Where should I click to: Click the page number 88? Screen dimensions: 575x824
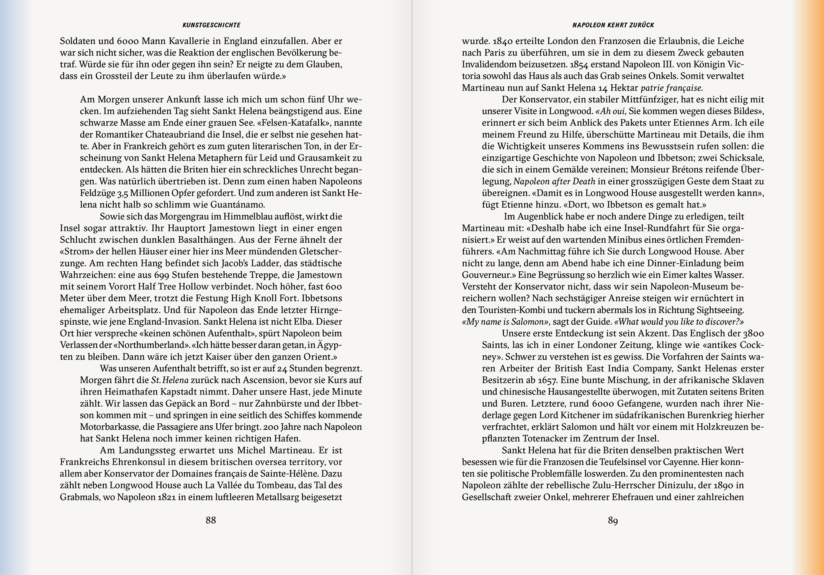pos(211,520)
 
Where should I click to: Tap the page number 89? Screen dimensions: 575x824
pos(613,520)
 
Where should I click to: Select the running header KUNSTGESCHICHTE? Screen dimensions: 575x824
pos(211,25)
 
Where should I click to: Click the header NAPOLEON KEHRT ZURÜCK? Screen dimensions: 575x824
pos(613,25)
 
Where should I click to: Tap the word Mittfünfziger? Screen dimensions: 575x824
pos(646,100)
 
